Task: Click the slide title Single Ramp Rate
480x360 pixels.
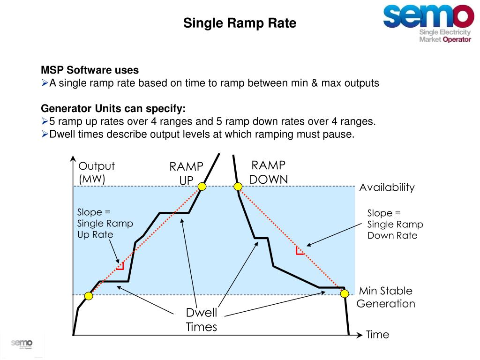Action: coord(240,23)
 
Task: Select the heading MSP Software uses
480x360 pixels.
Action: coord(90,70)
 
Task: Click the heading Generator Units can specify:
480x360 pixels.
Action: coord(113,109)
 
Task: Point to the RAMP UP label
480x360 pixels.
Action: coord(187,173)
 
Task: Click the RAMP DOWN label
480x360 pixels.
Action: coord(269,172)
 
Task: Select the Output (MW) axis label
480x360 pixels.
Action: coord(97,172)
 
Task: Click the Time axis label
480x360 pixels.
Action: coord(377,334)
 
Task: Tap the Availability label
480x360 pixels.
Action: coord(387,187)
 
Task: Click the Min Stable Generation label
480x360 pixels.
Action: coord(386,297)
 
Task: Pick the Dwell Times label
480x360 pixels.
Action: coord(202,320)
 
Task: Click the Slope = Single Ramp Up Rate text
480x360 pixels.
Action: coord(105,224)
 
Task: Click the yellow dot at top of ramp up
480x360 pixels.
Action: coord(202,187)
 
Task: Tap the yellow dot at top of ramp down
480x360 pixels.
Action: coord(238,187)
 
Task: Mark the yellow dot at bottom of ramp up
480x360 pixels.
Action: coord(88,296)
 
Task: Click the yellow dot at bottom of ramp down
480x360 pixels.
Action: coord(345,294)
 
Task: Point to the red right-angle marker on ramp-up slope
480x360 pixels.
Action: coord(120,266)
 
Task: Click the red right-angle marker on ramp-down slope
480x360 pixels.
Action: coord(300,250)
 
